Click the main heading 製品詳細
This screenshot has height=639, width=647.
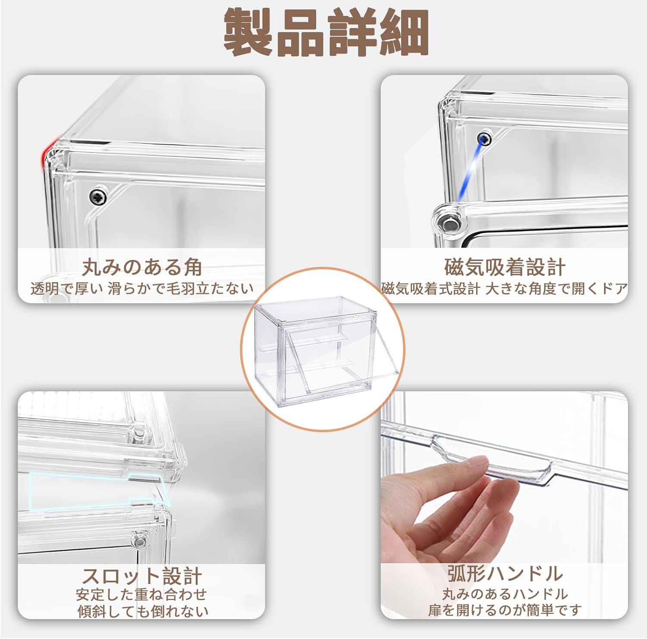pos(327,33)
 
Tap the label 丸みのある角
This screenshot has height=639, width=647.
pos(142,267)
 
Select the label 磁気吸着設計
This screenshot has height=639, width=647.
pos(505,267)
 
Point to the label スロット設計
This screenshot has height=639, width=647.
pos(142,576)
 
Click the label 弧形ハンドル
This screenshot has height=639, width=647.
pos(505,574)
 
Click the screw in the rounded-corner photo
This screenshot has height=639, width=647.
pos(98,196)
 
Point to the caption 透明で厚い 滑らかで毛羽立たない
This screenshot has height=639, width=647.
pos(142,288)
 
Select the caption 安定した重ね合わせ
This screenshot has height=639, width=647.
pos(142,595)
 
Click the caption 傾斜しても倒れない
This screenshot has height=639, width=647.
pos(142,611)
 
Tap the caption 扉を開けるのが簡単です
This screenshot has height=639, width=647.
pos(505,610)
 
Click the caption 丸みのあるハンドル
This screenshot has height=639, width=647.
pos(505,594)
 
